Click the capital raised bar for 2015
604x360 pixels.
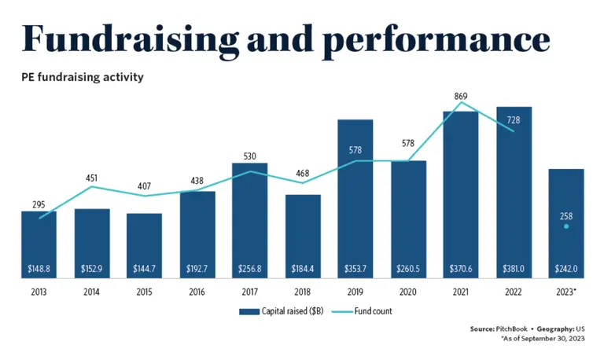click(x=144, y=244)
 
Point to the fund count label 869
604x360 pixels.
click(x=461, y=96)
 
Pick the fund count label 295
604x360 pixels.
click(x=38, y=204)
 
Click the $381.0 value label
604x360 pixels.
click(x=515, y=269)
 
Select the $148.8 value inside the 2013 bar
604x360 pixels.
click(x=38, y=269)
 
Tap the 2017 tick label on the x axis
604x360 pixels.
click(x=249, y=291)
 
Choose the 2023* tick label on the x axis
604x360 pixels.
click(x=567, y=291)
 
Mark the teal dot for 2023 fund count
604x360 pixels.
click(x=566, y=226)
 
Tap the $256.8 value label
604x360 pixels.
click(x=249, y=269)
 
